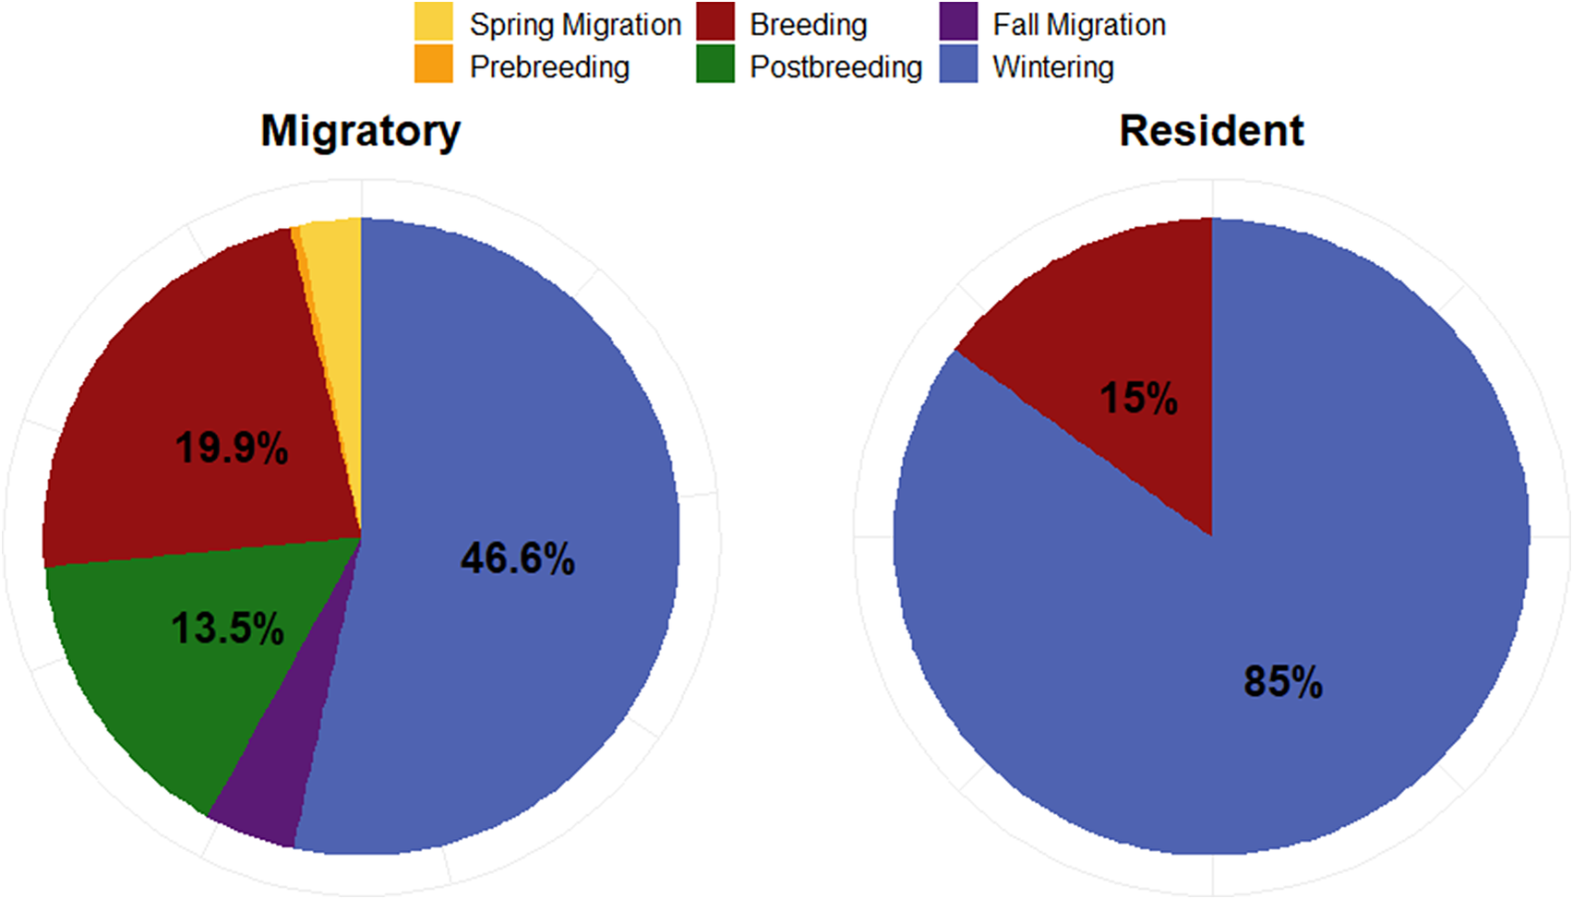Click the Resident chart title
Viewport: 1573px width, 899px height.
click(x=1211, y=131)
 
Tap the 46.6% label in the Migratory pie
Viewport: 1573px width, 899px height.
click(x=518, y=559)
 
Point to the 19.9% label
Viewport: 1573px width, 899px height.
click(x=232, y=448)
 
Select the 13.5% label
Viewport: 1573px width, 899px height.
click(x=227, y=628)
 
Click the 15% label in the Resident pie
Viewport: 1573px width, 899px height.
click(x=1138, y=398)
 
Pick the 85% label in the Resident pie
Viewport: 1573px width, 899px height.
click(x=1283, y=681)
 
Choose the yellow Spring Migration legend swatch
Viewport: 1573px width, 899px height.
click(x=433, y=22)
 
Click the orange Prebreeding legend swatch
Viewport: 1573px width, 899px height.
click(x=433, y=64)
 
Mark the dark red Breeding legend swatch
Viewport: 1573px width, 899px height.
click(x=715, y=22)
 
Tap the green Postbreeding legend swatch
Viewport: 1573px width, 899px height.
click(x=715, y=64)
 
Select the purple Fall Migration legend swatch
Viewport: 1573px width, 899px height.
click(x=958, y=22)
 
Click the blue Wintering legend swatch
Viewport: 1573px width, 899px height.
click(x=958, y=64)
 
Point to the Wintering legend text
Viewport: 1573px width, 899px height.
click(x=1053, y=67)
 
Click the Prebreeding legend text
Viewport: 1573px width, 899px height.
click(x=550, y=67)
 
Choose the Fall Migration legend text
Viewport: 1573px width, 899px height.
click(x=1079, y=25)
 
